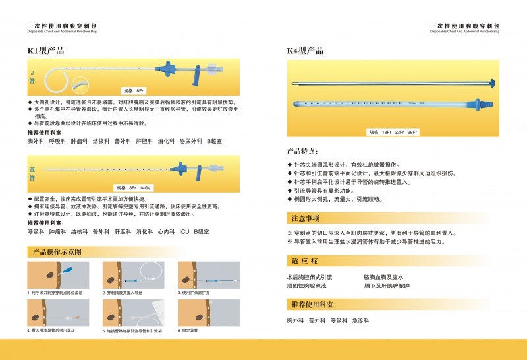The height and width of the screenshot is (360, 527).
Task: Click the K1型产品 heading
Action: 45,50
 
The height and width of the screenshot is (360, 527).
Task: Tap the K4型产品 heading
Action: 305,50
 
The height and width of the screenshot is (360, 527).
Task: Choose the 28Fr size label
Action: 413,132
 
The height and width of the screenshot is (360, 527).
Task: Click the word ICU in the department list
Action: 184,232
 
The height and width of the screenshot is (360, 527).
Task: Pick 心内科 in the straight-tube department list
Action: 165,232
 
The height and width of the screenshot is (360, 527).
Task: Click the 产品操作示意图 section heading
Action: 57,252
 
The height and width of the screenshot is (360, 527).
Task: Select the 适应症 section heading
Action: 304,260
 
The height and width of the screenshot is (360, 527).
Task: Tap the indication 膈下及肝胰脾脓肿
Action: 387,286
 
